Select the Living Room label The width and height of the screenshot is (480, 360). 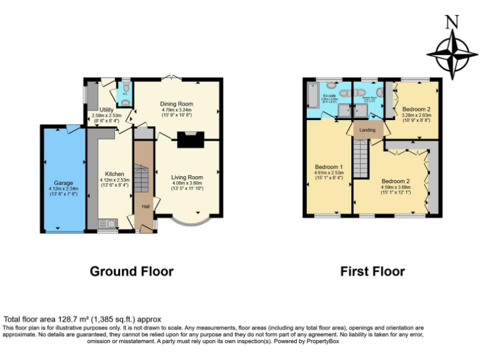187,177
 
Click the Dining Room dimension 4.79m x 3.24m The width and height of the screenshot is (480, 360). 176,111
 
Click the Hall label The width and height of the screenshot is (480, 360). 146,206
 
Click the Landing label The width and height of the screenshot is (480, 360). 367,130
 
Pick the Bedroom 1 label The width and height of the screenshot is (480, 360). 328,167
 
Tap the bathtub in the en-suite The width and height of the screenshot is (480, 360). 312,97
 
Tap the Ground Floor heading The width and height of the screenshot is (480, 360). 131,271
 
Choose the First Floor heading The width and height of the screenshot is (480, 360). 372,271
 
